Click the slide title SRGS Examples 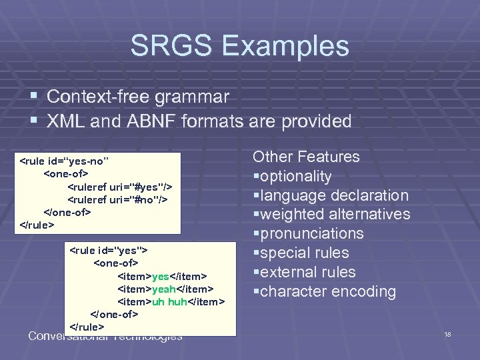coord(239,46)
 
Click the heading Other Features coord(305,157)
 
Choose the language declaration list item coord(331,195)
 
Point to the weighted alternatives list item coord(332,214)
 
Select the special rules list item coord(301,253)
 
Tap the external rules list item coord(304,272)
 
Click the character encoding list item coord(325,291)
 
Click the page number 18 coord(447,334)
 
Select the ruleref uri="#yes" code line coord(119,187)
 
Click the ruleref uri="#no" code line coord(117,199)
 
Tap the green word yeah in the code coord(163,289)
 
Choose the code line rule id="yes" coord(109,251)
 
